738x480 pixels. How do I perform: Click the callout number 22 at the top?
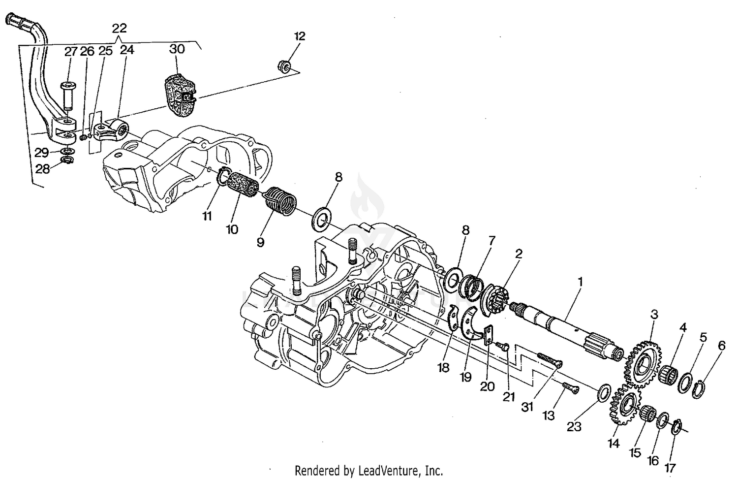pyautogui.click(x=119, y=29)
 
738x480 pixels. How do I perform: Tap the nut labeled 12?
pyautogui.click(x=284, y=65)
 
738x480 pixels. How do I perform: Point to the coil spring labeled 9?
pyautogui.click(x=281, y=201)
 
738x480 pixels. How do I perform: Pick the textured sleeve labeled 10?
pyautogui.click(x=243, y=185)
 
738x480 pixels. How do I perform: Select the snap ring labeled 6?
pyautogui.click(x=699, y=389)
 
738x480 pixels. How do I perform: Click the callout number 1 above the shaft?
pyautogui.click(x=580, y=282)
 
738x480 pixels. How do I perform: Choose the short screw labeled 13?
pyautogui.click(x=571, y=388)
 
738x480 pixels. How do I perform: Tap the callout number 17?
pyautogui.click(x=670, y=468)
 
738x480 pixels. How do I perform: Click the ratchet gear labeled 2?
pyautogui.click(x=494, y=300)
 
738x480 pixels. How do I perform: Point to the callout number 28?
pyautogui.click(x=42, y=169)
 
